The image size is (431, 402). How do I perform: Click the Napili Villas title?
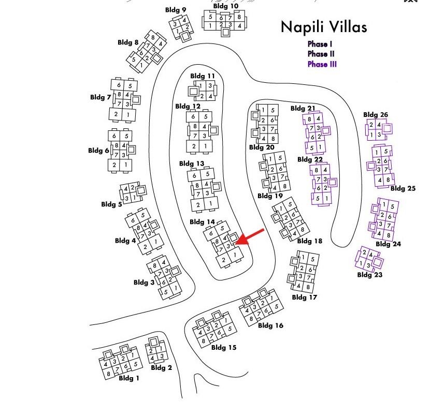323,27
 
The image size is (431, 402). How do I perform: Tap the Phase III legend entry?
322,64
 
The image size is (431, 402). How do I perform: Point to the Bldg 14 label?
202,222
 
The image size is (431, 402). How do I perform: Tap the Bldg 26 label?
376,115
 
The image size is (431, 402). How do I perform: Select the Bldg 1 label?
129,378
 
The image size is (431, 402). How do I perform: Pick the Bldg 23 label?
370,275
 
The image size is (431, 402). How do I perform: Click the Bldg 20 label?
262,147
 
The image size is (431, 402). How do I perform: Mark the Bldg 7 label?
100,97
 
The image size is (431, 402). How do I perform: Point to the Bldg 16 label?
270,325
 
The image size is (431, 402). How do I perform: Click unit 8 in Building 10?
239,17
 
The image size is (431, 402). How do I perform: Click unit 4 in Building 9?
185,20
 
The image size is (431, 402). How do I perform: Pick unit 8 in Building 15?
204,341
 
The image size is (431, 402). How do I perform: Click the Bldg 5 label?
113,204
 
